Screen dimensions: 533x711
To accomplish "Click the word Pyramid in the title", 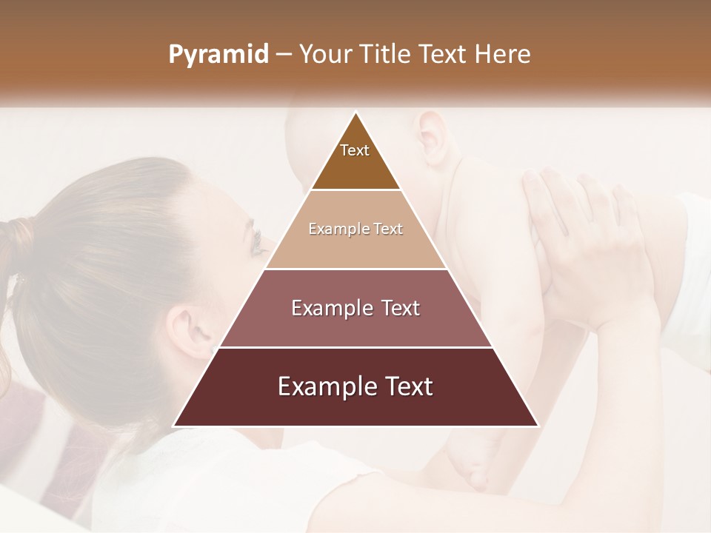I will [x=218, y=55].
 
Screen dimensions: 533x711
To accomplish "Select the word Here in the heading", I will [x=503, y=54].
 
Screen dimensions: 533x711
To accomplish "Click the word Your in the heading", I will [x=324, y=54].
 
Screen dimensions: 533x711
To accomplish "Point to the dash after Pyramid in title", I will [x=283, y=55].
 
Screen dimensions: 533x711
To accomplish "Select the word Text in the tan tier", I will [x=387, y=229].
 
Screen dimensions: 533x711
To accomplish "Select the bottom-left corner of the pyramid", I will [x=174, y=426].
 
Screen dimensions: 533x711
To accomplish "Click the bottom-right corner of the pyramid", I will [x=538, y=426].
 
